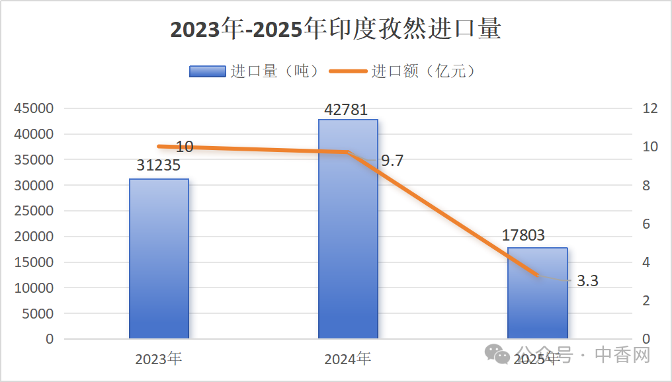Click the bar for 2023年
(x=159, y=258)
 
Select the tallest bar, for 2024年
(x=348, y=229)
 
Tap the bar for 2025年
(x=537, y=293)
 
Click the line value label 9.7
(x=392, y=161)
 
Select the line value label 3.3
(x=587, y=281)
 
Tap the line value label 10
(x=185, y=147)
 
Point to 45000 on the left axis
(x=34, y=108)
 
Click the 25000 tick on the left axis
(x=34, y=211)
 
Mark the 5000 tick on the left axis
(x=38, y=313)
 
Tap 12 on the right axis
(x=651, y=108)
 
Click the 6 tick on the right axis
(x=647, y=224)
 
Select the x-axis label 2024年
(x=348, y=359)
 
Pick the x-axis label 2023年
(x=159, y=359)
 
